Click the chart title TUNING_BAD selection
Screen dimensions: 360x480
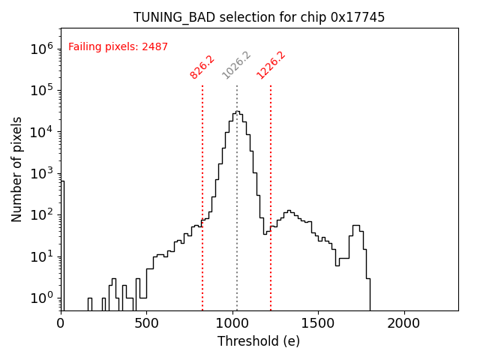tap(259, 17)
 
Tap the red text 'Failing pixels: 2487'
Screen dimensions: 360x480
tap(118, 46)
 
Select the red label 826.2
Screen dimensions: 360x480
tap(202, 66)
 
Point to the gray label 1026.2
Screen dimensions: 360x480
tap(236, 65)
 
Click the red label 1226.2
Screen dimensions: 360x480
tap(271, 65)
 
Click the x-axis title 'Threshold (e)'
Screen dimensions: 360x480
tap(259, 341)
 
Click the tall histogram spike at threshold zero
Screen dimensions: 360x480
tap(62, 240)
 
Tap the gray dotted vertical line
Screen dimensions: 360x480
tap(237, 187)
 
